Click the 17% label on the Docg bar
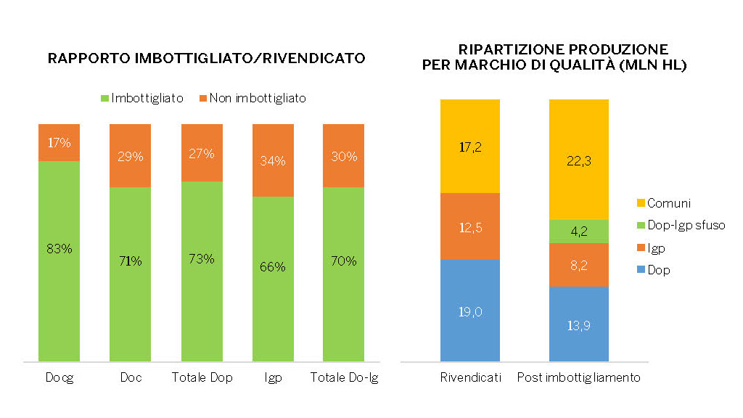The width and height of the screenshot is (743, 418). point(59,143)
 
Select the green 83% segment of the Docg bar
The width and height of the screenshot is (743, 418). point(59,261)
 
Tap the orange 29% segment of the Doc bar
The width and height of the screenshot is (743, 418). point(130,155)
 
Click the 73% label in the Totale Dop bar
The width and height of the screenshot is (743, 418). point(201,259)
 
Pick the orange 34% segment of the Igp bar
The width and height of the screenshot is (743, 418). point(273,160)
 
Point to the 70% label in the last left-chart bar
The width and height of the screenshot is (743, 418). point(343,261)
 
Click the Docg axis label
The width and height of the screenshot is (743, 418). point(59,378)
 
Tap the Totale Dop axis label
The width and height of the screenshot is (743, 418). point(202,378)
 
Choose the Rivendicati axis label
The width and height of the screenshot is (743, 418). point(469,378)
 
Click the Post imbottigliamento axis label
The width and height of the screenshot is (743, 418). point(578,378)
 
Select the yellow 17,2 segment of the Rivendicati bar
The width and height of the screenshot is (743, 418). point(469,146)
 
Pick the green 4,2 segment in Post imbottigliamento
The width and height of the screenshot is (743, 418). point(578,231)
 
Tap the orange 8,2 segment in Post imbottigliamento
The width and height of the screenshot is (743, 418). point(578,265)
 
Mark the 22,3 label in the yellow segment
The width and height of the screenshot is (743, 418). point(578,161)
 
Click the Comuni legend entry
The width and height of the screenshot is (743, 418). point(664,203)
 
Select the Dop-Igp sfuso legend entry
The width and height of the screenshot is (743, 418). point(680,226)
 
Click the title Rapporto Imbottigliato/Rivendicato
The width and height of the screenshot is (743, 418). point(206,58)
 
